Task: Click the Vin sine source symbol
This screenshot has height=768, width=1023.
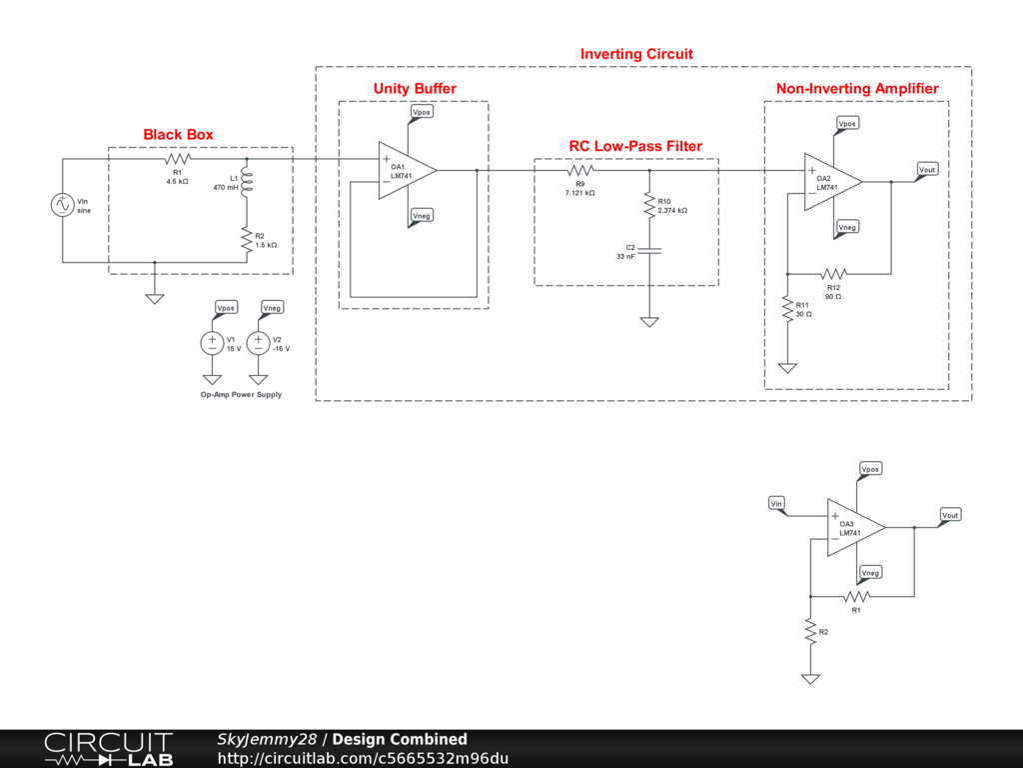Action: tap(62, 205)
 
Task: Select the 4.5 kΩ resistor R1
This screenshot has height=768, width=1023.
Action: tap(178, 159)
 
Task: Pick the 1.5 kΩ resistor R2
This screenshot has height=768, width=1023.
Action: tap(246, 238)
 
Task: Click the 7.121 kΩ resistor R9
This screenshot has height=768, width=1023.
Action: tap(582, 171)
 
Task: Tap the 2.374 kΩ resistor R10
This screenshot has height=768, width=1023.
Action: tap(649, 204)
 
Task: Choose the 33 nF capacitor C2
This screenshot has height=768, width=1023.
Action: tap(649, 251)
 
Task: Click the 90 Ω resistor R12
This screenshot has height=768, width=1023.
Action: tap(833, 273)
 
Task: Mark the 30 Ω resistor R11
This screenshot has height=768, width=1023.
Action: tap(788, 307)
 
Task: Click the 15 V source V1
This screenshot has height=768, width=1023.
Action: tap(212, 343)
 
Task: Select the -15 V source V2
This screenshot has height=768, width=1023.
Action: tap(258, 343)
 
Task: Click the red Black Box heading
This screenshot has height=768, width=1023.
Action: tap(178, 134)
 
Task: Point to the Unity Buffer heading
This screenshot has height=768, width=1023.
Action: tap(415, 89)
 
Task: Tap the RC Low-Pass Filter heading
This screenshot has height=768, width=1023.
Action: tap(635, 146)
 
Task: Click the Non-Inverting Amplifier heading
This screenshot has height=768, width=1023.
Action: tap(857, 89)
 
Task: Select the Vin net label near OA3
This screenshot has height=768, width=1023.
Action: tap(776, 502)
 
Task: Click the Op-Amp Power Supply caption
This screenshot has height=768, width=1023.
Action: tap(241, 395)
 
